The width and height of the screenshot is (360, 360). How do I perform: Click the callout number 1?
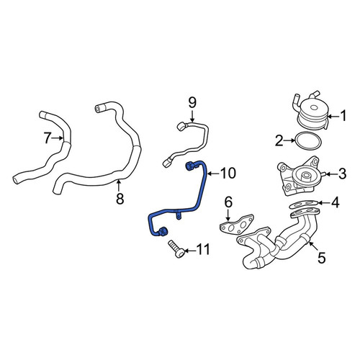tap(343, 116)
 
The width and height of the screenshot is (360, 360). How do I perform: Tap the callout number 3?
tap(342, 174)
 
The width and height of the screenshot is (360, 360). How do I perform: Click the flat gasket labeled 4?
tap(305, 204)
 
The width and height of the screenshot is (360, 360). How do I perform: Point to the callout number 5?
tap(321, 258)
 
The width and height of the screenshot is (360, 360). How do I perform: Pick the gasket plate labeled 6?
tap(237, 224)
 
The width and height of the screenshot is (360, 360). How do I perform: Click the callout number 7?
tap(48, 138)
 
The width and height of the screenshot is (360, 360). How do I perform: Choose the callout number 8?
tap(120, 199)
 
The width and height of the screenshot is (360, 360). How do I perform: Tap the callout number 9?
tap(192, 102)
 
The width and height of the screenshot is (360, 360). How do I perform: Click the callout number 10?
tap(228, 174)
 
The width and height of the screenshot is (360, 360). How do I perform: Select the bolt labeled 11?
tap(176, 249)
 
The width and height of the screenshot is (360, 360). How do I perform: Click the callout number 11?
tap(203, 249)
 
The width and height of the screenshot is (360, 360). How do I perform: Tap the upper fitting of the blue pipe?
tap(190, 166)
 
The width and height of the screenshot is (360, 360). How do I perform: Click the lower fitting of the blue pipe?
tap(163, 231)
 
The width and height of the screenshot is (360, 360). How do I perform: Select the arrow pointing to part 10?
tap(214, 174)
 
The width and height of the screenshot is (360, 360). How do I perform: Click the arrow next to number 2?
tap(290, 141)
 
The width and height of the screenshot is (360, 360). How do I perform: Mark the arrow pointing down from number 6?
tap(228, 215)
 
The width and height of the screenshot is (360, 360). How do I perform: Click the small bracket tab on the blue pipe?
tap(178, 215)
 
